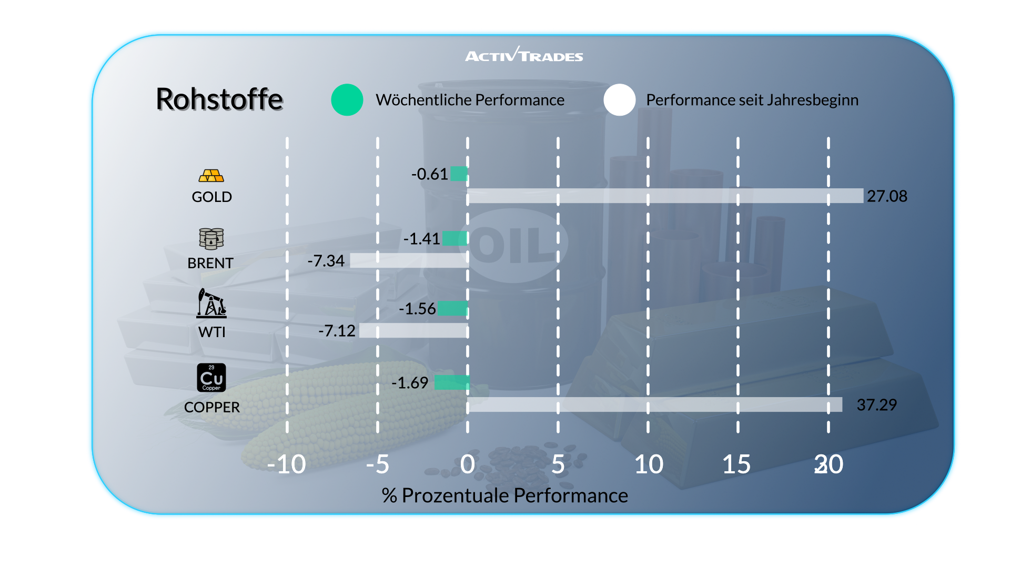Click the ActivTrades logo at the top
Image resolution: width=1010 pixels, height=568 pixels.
524,55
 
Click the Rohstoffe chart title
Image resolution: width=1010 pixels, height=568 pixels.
219,99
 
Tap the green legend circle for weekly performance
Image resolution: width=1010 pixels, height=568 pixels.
347,100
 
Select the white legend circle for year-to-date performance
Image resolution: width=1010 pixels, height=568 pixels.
620,100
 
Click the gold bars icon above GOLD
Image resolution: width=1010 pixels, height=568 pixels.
211,176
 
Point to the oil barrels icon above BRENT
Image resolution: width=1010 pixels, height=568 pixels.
211,239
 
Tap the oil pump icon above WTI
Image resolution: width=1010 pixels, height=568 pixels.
211,303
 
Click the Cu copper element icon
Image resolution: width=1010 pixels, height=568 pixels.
211,378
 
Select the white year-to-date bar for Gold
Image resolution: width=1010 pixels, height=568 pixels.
665,196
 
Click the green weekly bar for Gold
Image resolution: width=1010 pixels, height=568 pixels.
459,174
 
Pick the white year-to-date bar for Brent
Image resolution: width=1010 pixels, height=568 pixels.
409,260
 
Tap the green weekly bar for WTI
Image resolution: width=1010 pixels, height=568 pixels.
452,308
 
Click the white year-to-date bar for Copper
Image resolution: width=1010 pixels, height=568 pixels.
654,404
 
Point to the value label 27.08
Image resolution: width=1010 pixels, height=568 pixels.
887,196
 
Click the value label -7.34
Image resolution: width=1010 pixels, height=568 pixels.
326,261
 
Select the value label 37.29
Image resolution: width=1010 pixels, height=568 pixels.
876,405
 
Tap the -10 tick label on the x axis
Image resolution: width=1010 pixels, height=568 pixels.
287,464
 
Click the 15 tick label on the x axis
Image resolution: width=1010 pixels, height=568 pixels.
736,464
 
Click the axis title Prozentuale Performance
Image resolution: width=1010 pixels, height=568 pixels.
505,495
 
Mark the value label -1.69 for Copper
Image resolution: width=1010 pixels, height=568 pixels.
410,383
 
